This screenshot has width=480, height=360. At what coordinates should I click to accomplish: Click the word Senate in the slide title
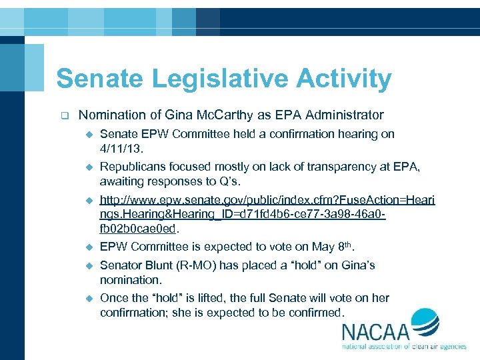(x=100, y=79)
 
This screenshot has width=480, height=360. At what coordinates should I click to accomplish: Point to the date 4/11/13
(x=123, y=148)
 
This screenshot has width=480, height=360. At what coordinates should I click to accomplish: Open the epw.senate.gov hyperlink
(x=267, y=214)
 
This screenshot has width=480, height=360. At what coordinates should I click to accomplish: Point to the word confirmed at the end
(x=317, y=312)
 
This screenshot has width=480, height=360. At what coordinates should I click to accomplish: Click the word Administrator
(x=345, y=115)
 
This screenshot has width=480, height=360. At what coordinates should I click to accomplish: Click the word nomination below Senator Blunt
(x=130, y=280)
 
